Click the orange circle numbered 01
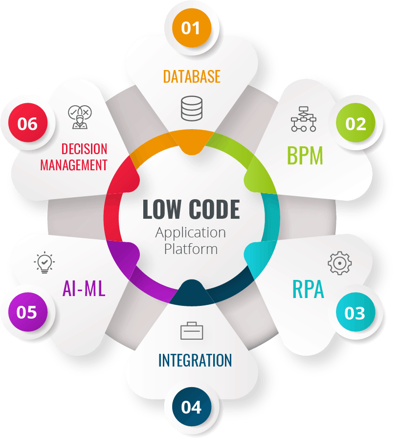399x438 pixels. [192, 28]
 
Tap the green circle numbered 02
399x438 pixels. [355, 124]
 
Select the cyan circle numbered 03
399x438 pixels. [355, 313]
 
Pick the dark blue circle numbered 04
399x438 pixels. [191, 407]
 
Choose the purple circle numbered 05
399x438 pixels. [27, 312]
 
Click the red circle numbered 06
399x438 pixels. [27, 123]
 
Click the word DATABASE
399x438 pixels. [192, 76]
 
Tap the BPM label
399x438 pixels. [305, 156]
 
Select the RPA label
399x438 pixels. [308, 289]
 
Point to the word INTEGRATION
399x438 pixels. [195, 360]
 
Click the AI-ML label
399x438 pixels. [84, 289]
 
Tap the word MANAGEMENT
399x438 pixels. [73, 165]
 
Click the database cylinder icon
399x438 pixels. [192, 109]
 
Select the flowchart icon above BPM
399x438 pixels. [304, 119]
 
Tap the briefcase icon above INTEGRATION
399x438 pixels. [192, 331]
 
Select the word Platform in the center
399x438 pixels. [191, 249]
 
